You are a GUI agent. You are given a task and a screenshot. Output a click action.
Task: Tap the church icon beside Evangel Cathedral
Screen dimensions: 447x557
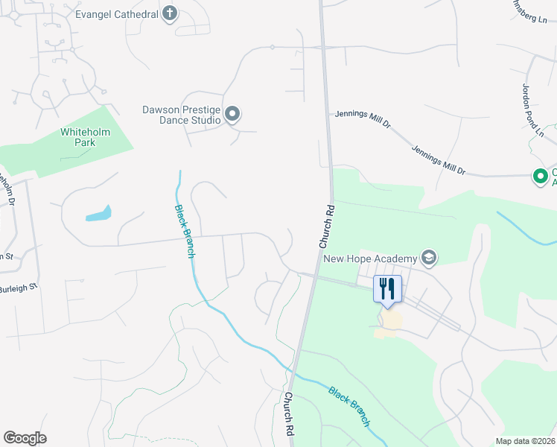[170, 13]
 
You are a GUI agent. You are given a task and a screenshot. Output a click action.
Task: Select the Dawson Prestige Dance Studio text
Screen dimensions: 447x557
[182, 114]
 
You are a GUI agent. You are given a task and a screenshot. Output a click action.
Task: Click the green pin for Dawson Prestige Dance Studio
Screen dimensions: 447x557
[232, 114]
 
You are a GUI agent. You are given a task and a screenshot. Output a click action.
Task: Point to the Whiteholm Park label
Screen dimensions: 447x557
[85, 137]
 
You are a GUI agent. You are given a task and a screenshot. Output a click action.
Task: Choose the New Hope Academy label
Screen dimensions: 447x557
[369, 259]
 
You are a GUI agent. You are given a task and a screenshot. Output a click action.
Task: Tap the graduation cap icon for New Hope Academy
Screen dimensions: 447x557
[428, 259]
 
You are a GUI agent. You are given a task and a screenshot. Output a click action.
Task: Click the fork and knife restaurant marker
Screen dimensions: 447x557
[387, 288]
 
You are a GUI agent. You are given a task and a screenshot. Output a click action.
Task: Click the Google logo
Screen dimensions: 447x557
[25, 438]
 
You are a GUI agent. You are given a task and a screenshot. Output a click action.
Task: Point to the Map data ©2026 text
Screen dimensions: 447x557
[526, 440]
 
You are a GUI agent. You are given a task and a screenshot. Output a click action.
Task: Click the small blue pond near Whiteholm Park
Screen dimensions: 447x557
[98, 214]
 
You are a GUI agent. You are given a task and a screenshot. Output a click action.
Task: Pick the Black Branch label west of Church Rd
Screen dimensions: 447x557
[185, 231]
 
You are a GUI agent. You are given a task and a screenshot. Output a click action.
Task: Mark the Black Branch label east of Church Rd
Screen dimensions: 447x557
[348, 405]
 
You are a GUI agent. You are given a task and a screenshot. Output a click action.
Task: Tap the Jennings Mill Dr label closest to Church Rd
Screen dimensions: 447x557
[363, 120]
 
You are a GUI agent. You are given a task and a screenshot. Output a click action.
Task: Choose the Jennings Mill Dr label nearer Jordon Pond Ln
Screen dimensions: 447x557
[439, 160]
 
